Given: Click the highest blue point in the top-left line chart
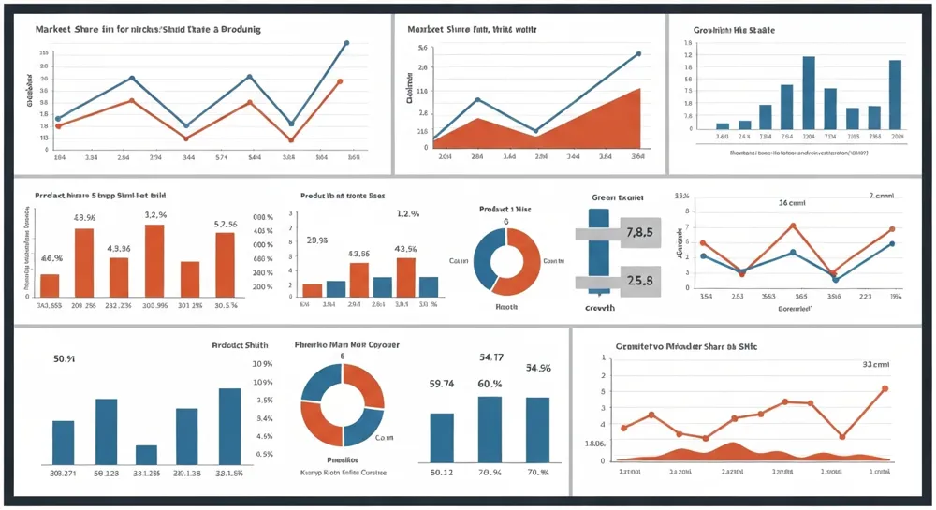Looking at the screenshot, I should (x=346, y=43).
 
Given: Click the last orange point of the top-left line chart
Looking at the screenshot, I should (x=339, y=81).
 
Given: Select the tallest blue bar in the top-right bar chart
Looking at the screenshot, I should (x=809, y=92).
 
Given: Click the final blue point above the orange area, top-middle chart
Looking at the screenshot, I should (x=638, y=53).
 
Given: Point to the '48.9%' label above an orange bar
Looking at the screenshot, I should (x=85, y=218).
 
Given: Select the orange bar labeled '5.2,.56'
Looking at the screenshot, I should (x=225, y=264).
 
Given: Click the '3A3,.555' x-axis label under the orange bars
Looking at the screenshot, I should (x=50, y=305).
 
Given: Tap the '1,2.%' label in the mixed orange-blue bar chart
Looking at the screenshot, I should (x=408, y=214).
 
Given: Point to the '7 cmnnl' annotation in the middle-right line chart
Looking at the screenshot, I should (x=882, y=197).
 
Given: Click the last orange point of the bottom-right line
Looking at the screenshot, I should (x=885, y=388).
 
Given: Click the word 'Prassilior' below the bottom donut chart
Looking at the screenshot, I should (x=343, y=459).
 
